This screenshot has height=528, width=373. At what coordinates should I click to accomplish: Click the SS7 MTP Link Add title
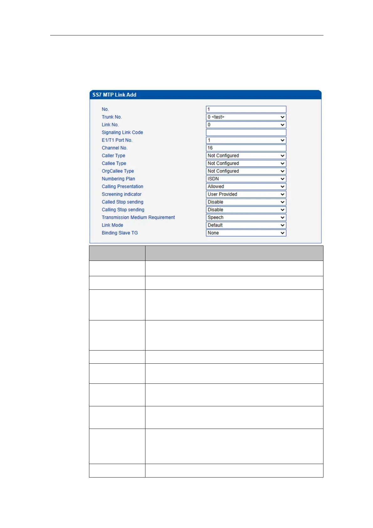coord(114,95)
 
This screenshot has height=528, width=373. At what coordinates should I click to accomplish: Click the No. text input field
coord(246,109)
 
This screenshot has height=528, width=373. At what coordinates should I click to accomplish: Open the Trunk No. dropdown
coord(246,117)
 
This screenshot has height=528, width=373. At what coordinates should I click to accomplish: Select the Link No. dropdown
coord(246,125)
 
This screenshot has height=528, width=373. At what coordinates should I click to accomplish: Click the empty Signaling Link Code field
coord(246,132)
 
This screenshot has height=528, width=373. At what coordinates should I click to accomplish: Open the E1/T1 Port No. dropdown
coord(246,140)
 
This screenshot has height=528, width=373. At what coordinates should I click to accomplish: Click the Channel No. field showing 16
coord(246,148)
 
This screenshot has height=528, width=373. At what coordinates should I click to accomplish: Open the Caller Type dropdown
coord(246,156)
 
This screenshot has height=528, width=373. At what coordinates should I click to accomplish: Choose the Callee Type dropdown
coord(246,163)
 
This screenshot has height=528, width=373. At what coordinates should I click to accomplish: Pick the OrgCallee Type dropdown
coord(246,171)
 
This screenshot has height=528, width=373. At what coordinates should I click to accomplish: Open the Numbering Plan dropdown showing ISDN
coord(246,179)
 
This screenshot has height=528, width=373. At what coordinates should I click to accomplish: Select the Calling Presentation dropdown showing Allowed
coord(246,187)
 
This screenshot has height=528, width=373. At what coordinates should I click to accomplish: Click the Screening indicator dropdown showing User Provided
coord(246,194)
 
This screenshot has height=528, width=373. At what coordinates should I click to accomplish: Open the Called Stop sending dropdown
coord(246,202)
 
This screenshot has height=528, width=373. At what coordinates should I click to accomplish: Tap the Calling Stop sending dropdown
coord(246,210)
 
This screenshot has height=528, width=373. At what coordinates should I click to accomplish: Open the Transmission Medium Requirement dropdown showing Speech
coord(246,218)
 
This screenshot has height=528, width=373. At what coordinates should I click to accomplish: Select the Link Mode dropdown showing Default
coord(246,225)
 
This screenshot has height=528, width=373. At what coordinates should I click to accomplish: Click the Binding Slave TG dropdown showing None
coord(246,233)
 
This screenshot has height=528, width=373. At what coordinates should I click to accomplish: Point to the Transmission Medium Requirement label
coord(138,218)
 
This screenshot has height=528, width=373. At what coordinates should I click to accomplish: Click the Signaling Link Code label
coord(122,132)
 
